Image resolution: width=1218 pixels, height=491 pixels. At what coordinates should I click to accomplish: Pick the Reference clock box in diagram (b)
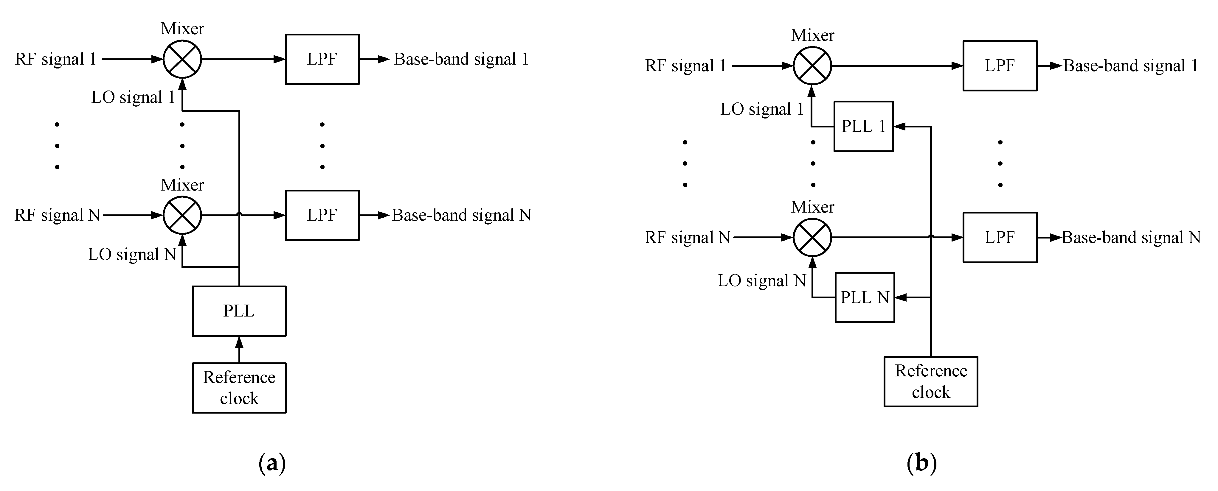click(930, 381)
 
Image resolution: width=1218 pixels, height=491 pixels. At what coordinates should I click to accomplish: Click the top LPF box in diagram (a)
click(322, 59)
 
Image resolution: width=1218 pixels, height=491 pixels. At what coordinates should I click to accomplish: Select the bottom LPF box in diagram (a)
click(322, 215)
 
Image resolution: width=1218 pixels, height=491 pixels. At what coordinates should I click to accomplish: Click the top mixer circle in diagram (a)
click(182, 59)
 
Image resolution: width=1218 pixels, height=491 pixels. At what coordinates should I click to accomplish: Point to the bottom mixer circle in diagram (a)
click(182, 215)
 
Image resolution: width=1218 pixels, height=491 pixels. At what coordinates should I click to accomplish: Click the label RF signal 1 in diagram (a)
click(56, 59)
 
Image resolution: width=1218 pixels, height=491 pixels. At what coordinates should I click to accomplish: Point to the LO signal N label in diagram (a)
click(132, 254)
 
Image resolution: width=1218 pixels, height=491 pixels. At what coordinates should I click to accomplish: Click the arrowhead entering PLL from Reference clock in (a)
click(239, 342)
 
